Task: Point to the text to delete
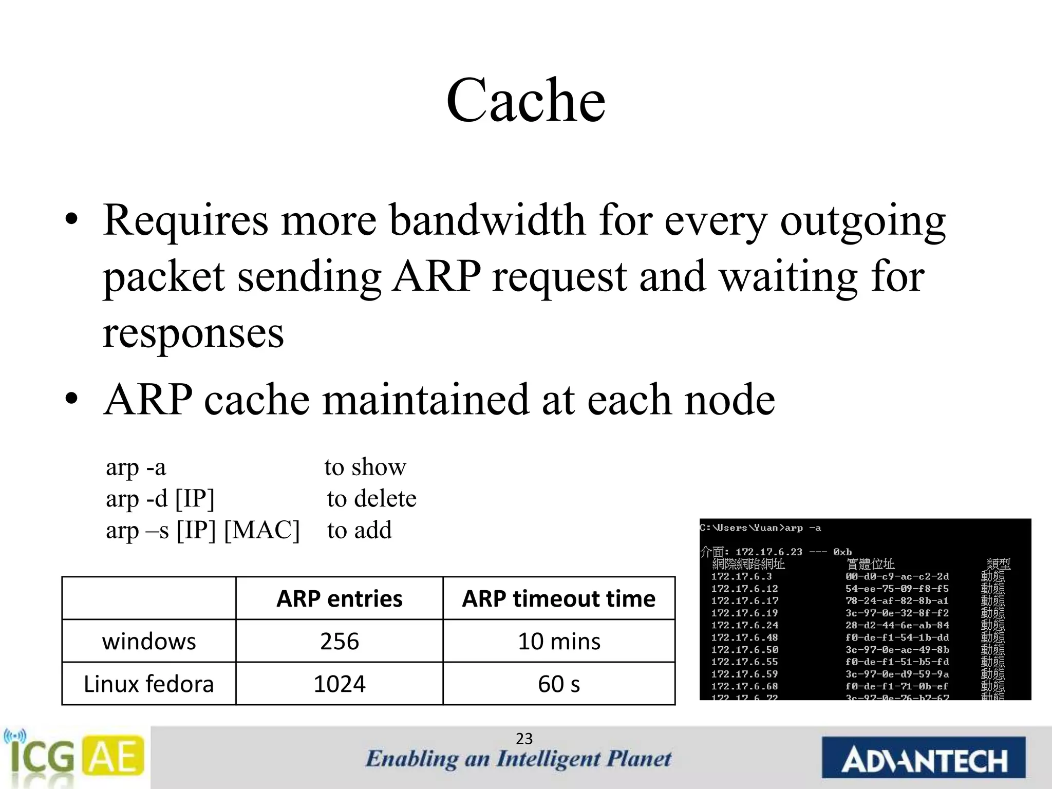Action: (371, 499)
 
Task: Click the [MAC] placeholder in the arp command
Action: (262, 530)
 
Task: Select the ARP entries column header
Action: (339, 599)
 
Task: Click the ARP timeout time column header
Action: (558, 599)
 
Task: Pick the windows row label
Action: (149, 642)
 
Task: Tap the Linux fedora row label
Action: (148, 684)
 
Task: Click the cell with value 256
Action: (339, 642)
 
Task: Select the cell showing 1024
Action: (339, 684)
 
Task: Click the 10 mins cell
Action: (558, 642)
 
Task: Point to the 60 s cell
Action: (558, 684)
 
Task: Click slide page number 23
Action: (524, 739)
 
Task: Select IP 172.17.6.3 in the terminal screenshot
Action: (741, 577)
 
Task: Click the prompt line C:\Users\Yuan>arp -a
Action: (760, 528)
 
